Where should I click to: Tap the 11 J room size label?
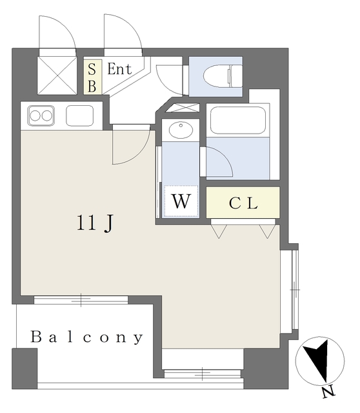click(x=96, y=223)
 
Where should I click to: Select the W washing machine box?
click(x=181, y=201)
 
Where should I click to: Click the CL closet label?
click(x=243, y=203)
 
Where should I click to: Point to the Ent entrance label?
click(x=120, y=69)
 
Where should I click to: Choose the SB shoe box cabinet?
click(x=92, y=77)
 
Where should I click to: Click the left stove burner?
click(x=35, y=116)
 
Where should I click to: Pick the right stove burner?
click(x=47, y=116)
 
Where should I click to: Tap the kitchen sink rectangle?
click(x=79, y=116)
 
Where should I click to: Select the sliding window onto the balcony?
click(x=81, y=299)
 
